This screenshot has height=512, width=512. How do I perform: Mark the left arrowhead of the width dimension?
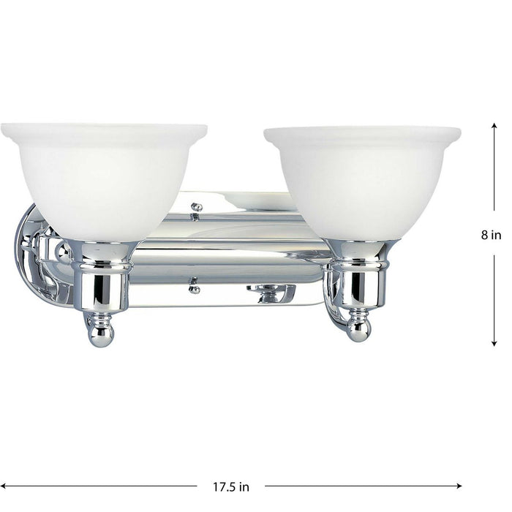pos(6,486)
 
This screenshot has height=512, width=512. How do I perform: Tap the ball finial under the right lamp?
pos(358,331)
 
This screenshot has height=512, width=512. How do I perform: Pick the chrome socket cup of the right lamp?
pos(360,282)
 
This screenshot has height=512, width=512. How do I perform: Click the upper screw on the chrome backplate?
pos(195,208)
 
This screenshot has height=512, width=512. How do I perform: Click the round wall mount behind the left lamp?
pos(33,256)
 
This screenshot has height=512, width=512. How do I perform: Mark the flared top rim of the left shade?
pos(103,132)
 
